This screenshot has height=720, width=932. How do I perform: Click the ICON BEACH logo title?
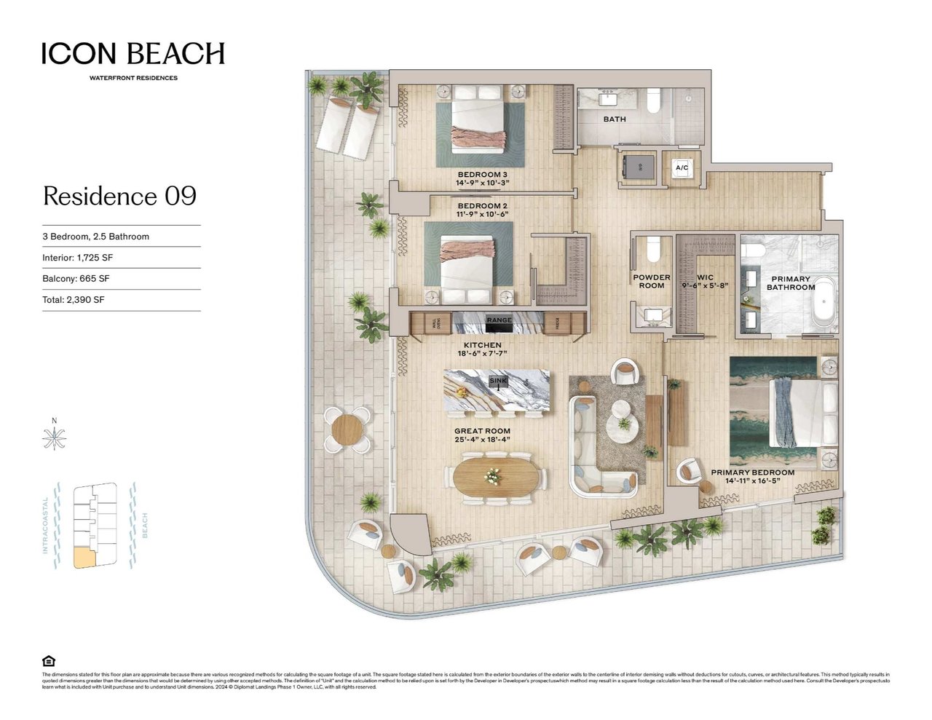[133, 54]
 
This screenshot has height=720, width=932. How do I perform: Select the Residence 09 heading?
[119, 197]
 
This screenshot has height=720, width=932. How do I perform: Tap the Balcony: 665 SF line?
[76, 279]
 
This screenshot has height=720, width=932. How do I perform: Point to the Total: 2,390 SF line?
[74, 300]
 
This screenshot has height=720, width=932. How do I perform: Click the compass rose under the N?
[54, 438]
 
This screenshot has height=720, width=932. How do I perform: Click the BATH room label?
[614, 119]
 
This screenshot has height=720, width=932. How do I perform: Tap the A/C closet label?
[682, 168]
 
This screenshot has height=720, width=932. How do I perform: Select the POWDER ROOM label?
[651, 282]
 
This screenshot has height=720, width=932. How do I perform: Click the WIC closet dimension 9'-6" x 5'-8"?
[705, 286]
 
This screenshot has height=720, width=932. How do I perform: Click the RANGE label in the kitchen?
[499, 320]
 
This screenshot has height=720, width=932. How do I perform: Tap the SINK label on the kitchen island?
[498, 381]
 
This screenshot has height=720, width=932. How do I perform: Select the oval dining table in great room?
[497, 478]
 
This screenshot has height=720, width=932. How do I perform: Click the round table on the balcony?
[347, 430]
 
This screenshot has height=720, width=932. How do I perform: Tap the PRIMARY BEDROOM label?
[752, 472]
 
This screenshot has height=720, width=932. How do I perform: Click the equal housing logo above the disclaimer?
[49, 661]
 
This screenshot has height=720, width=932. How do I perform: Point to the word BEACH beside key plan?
[144, 526]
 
